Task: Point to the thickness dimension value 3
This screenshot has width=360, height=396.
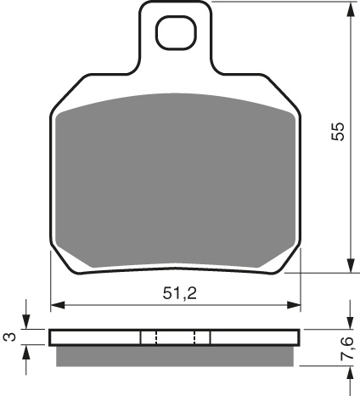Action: click(x=9, y=337)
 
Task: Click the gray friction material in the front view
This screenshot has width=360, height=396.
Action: click(x=177, y=178)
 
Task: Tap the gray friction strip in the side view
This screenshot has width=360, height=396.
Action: click(x=177, y=356)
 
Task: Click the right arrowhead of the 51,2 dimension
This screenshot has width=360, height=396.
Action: click(x=296, y=303)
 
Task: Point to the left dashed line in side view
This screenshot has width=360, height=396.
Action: click(x=156, y=337)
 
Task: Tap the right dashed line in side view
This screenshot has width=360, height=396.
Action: click(x=195, y=337)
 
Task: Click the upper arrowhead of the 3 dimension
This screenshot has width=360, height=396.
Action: click(x=26, y=324)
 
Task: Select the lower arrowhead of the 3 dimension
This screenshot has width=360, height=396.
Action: click(x=26, y=351)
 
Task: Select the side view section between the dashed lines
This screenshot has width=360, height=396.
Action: click(x=176, y=337)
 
